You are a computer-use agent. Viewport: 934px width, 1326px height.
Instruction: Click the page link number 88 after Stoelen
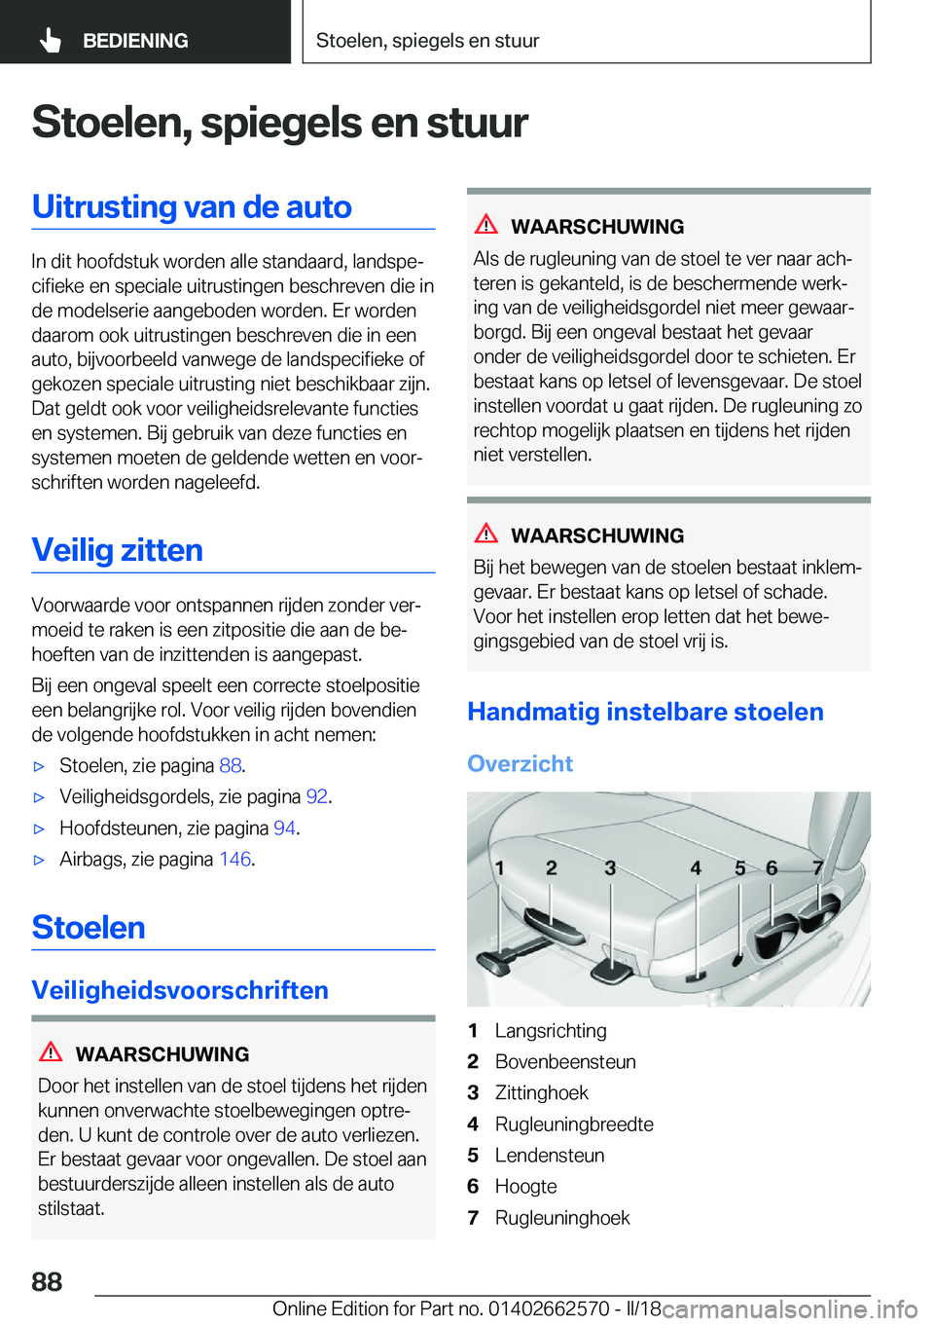230,766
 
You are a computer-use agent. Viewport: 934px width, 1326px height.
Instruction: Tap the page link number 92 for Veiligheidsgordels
316,797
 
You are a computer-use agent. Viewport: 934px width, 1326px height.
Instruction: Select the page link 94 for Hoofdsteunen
284,829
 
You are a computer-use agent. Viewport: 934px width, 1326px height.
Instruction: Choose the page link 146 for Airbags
234,860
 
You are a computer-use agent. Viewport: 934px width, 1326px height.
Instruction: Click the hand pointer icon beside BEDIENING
51,41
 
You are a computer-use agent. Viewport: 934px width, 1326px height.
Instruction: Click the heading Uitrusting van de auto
192,207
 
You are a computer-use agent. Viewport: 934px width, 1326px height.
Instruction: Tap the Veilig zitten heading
117,551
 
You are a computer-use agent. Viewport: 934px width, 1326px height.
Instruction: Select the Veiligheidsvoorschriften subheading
180,990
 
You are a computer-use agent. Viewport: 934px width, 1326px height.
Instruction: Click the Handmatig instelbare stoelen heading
645,712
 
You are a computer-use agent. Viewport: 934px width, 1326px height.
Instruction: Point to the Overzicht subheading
520,763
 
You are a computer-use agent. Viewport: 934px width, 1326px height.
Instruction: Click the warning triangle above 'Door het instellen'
51,1052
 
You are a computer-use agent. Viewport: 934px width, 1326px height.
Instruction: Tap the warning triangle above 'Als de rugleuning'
486,225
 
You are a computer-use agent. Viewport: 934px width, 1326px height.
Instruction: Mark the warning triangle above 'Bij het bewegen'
486,534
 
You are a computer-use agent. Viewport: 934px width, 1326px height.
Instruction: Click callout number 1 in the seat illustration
499,867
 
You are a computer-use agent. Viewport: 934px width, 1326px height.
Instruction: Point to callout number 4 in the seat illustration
696,867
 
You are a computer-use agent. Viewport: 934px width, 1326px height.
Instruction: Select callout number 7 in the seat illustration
818,867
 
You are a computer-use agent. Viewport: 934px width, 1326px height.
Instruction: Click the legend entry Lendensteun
550,1156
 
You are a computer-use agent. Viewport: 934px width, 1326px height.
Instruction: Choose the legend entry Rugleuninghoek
562,1218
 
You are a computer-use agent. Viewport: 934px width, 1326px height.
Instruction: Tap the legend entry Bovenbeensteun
565,1062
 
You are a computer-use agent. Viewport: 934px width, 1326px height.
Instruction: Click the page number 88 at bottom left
47,1281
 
